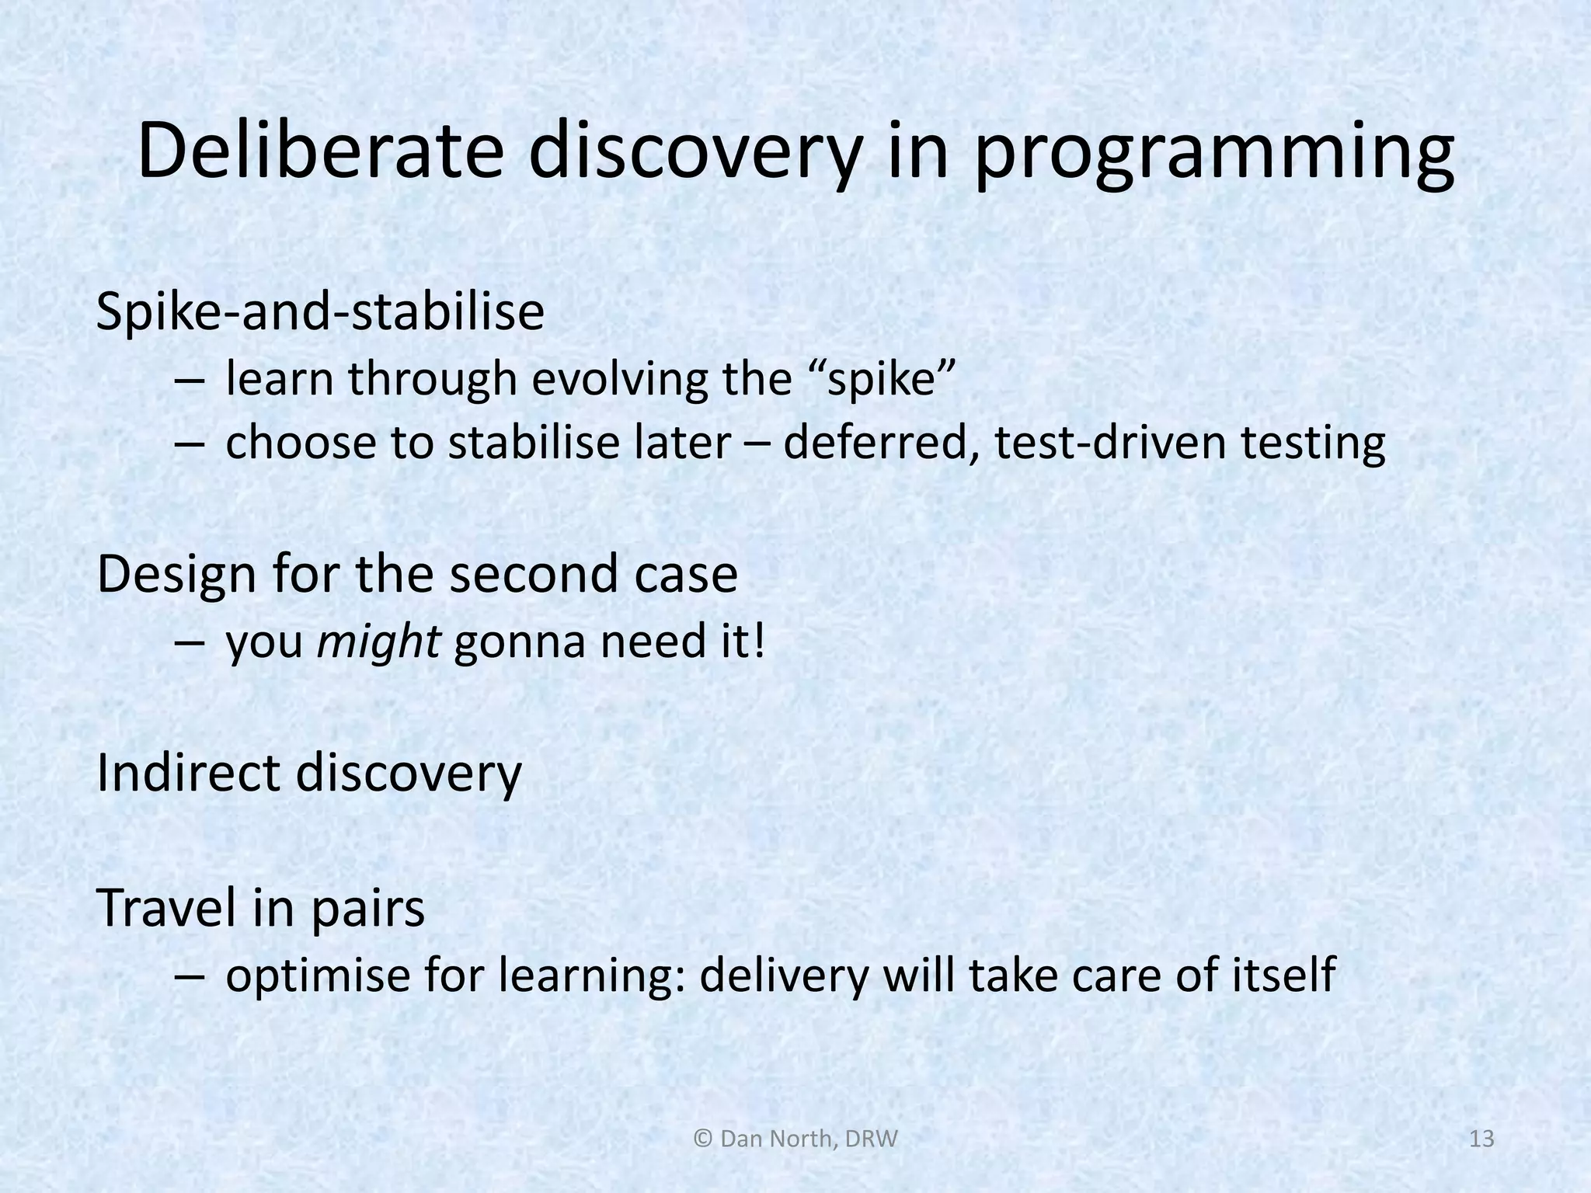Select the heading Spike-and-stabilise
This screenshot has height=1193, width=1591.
[320, 312]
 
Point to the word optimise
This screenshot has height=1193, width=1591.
[318, 976]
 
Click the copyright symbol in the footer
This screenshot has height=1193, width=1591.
[702, 1139]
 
